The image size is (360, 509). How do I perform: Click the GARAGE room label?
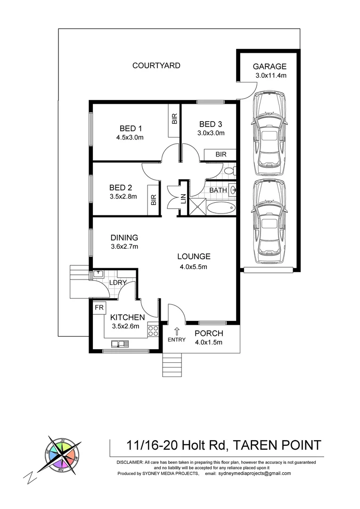[270, 66]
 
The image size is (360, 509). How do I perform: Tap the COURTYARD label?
[156, 66]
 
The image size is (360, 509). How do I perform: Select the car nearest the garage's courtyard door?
[269, 133]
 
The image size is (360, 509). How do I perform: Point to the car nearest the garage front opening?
[269, 222]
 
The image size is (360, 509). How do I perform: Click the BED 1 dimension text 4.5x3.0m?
[129, 138]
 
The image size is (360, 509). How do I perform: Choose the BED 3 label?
[211, 124]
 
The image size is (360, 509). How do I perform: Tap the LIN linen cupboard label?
[183, 199]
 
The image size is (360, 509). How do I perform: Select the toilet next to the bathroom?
[229, 171]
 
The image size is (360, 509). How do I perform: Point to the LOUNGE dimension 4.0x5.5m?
[193, 266]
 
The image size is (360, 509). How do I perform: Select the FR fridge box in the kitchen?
[99, 307]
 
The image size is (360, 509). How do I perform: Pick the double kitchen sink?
[120, 343]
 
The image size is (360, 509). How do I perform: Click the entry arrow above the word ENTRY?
[177, 331]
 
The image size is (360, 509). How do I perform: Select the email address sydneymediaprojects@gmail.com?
[255, 474]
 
